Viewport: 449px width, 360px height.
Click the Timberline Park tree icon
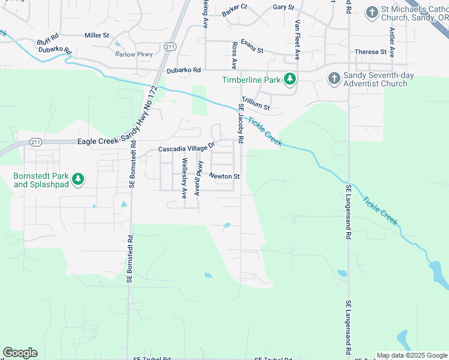click(290, 79)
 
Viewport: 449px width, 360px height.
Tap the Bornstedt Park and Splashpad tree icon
click(77, 179)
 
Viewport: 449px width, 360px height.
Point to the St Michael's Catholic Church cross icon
click(372, 11)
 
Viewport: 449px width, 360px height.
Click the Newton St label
click(224, 176)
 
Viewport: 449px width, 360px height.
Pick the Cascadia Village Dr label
click(186, 148)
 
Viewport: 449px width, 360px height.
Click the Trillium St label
click(256, 104)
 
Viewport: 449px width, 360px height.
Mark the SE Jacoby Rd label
click(241, 123)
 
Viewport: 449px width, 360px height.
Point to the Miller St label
click(97, 35)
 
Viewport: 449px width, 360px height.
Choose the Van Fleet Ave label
click(297, 40)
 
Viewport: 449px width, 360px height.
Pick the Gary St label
click(283, 7)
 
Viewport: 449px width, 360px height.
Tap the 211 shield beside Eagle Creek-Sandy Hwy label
click(35, 142)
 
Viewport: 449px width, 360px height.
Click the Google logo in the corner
click(20, 352)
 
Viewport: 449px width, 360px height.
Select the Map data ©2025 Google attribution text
click(411, 355)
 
